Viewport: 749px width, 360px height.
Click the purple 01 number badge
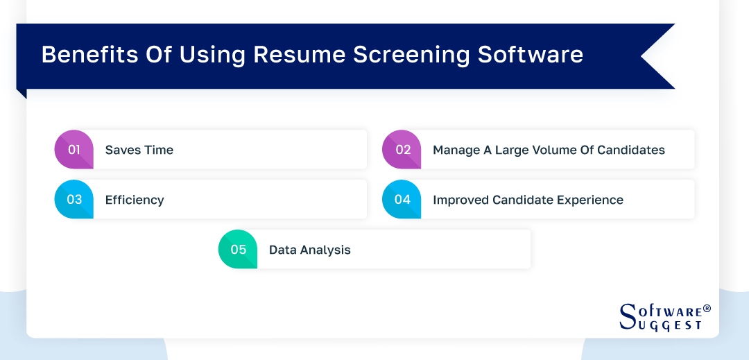(74, 150)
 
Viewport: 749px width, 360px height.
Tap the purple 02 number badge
(402, 150)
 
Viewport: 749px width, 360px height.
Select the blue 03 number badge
(74, 200)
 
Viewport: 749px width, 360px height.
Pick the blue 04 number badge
(402, 200)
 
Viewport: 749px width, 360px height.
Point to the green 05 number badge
(238, 250)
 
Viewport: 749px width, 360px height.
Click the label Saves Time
(139, 150)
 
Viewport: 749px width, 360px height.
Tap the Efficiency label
(135, 200)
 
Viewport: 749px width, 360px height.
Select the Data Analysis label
(309, 250)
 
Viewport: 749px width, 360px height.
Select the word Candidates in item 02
(630, 150)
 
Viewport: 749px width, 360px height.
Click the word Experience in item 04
(588, 200)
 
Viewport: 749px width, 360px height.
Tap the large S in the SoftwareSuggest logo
(627, 316)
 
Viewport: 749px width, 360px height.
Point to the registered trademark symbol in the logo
(707, 309)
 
